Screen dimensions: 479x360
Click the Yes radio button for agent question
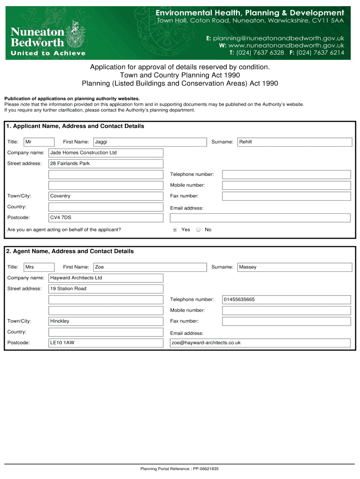[175, 230]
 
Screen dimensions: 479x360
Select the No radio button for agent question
[198, 230]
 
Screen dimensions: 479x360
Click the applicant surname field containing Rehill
[294, 142]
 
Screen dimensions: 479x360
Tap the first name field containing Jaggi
[150, 142]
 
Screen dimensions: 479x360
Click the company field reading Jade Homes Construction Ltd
[106, 153]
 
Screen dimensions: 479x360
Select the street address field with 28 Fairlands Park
[106, 164]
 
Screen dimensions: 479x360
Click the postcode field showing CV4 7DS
[106, 218]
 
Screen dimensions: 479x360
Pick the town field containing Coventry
[106, 196]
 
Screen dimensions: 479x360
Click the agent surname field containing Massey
[294, 267]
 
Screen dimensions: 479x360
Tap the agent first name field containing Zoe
[150, 267]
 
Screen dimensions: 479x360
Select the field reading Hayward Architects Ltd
[106, 278]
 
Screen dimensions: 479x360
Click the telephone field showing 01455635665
[286, 300]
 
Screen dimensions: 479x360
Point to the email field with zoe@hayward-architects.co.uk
[260, 343]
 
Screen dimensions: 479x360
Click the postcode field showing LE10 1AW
[106, 343]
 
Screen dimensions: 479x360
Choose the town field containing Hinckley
[106, 321]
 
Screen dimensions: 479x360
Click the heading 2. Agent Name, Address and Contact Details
[70, 252]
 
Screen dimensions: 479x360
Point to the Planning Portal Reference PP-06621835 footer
[180, 469]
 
